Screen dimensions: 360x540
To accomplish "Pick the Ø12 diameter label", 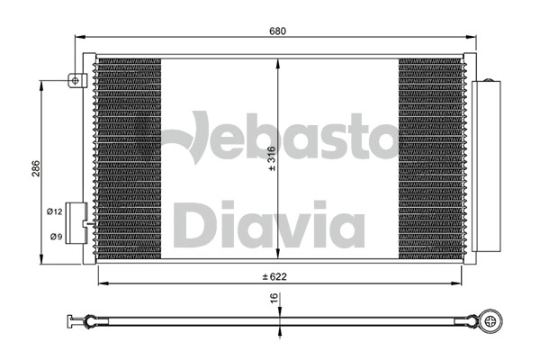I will pos(54,211).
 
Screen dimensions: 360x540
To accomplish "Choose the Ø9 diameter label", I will pos(54,237).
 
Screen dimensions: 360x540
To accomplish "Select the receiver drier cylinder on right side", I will pos(487,166).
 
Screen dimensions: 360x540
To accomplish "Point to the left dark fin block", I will pos(128,159).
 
